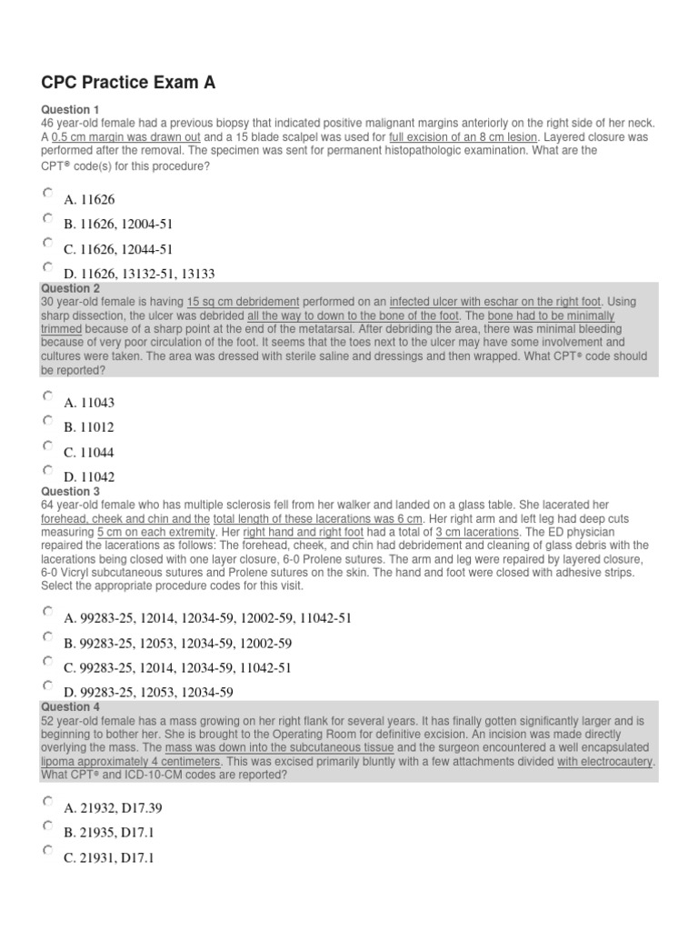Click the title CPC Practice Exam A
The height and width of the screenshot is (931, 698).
coord(128,84)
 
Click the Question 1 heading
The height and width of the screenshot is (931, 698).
coord(68,110)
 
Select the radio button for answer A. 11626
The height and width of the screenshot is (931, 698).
coord(47,194)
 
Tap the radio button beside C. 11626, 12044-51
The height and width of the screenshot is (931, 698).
coord(47,244)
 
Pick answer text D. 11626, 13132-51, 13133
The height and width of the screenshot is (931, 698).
coord(139,274)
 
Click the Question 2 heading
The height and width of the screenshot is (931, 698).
coord(68,288)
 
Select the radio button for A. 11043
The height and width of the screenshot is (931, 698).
coord(47,396)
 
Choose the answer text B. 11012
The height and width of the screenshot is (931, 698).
coord(89,427)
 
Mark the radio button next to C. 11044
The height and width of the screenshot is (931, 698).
coord(47,446)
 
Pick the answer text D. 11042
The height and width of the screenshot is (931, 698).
coord(89,477)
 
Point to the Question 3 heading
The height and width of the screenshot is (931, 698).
coord(68,491)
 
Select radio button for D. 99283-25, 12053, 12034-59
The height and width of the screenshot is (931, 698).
coord(47,686)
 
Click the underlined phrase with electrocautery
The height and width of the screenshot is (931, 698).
coord(605,761)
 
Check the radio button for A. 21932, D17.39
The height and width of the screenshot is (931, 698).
coord(47,801)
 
